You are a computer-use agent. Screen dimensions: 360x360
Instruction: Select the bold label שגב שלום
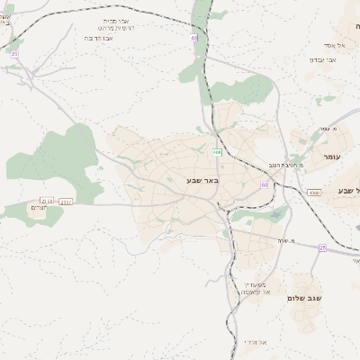[x=306, y=297]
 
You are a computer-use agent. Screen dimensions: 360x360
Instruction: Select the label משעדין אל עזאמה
[x=256, y=287]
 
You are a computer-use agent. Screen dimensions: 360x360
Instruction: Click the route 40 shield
[x=193, y=38]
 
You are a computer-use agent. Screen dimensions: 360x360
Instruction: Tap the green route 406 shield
[x=218, y=153]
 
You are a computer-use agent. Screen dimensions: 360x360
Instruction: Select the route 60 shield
[x=265, y=184]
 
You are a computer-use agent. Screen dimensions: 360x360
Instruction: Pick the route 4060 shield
[x=314, y=193]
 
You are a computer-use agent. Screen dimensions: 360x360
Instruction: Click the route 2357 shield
[x=66, y=202]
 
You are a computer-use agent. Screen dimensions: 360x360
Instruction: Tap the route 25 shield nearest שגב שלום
[x=322, y=247]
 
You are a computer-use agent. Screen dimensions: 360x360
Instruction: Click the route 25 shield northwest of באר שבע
[x=14, y=55]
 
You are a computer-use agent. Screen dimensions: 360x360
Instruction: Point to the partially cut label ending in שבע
[x=346, y=190]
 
